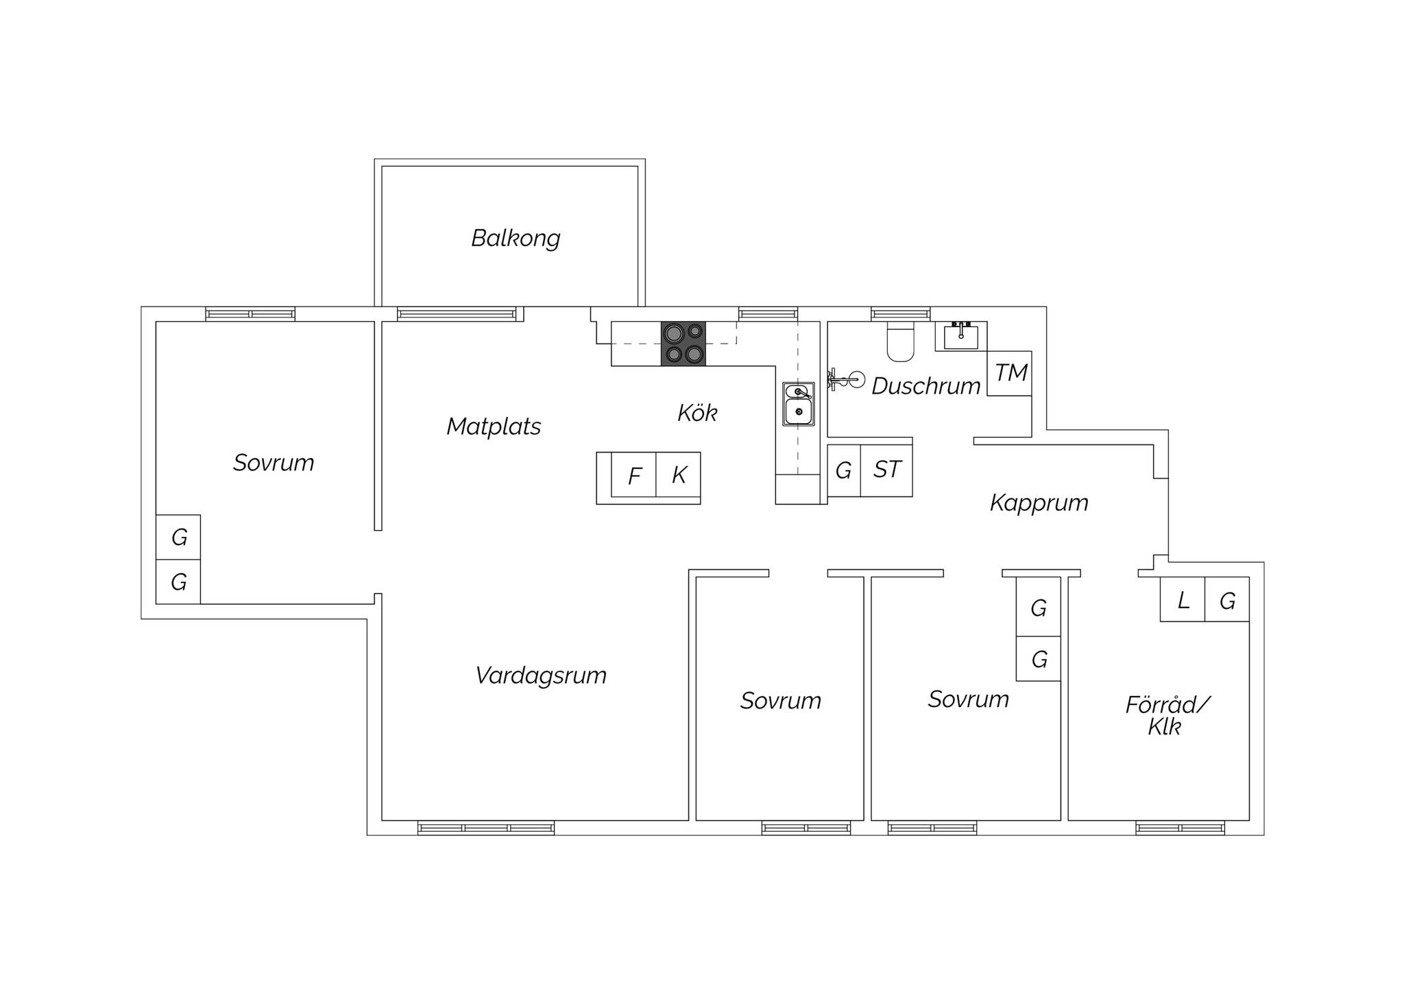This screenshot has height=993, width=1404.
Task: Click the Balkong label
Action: coord(516,239)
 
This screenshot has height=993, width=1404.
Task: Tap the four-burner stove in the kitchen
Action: coord(683,343)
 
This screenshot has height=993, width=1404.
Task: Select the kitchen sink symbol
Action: coord(799,404)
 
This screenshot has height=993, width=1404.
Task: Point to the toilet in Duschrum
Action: coord(901,342)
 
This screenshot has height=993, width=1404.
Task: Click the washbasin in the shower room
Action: coord(961,336)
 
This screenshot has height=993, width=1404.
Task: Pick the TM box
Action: coord(1009,373)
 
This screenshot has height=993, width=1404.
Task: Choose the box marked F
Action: coord(633,475)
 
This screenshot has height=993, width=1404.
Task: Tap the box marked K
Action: coord(678,475)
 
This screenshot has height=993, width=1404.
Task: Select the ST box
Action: coord(886,470)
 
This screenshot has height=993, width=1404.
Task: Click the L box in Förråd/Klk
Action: coord(1183,599)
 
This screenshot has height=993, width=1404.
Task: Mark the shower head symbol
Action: coord(846,378)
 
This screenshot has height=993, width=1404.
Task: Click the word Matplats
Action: coord(494,427)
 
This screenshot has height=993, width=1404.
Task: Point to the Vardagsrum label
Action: coord(541,675)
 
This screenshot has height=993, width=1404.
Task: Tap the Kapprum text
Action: coord(1039,503)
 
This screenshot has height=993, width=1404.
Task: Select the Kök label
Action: coord(697,413)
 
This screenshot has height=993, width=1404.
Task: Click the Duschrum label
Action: coord(926,386)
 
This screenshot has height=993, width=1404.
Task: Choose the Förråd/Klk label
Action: coord(1167,715)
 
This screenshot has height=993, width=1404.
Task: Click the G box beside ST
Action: coord(844,470)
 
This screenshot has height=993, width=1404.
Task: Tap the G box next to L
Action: coord(1227,599)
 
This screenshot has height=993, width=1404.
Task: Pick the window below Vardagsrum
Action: coord(486,828)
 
